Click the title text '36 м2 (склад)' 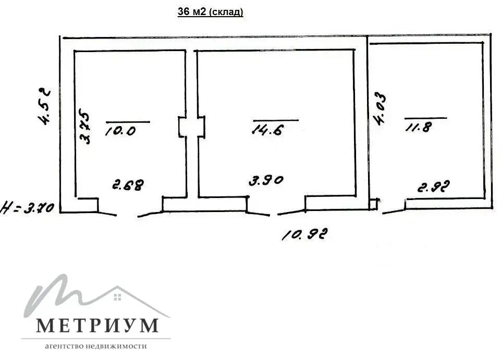pyautogui.click(x=211, y=13)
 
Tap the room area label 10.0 pyautogui.click(x=120, y=130)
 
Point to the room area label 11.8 pyautogui.click(x=418, y=127)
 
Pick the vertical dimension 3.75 pyautogui.click(x=85, y=126)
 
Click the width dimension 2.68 pyautogui.click(x=128, y=184)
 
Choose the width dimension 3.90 pyautogui.click(x=265, y=181)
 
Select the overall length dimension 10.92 pyautogui.click(x=304, y=235)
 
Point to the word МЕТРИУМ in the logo pyautogui.click(x=97, y=325)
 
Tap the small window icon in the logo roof pyautogui.click(x=117, y=297)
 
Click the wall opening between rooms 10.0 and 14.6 pyautogui.click(x=191, y=127)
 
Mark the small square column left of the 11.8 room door pyautogui.click(x=373, y=204)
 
